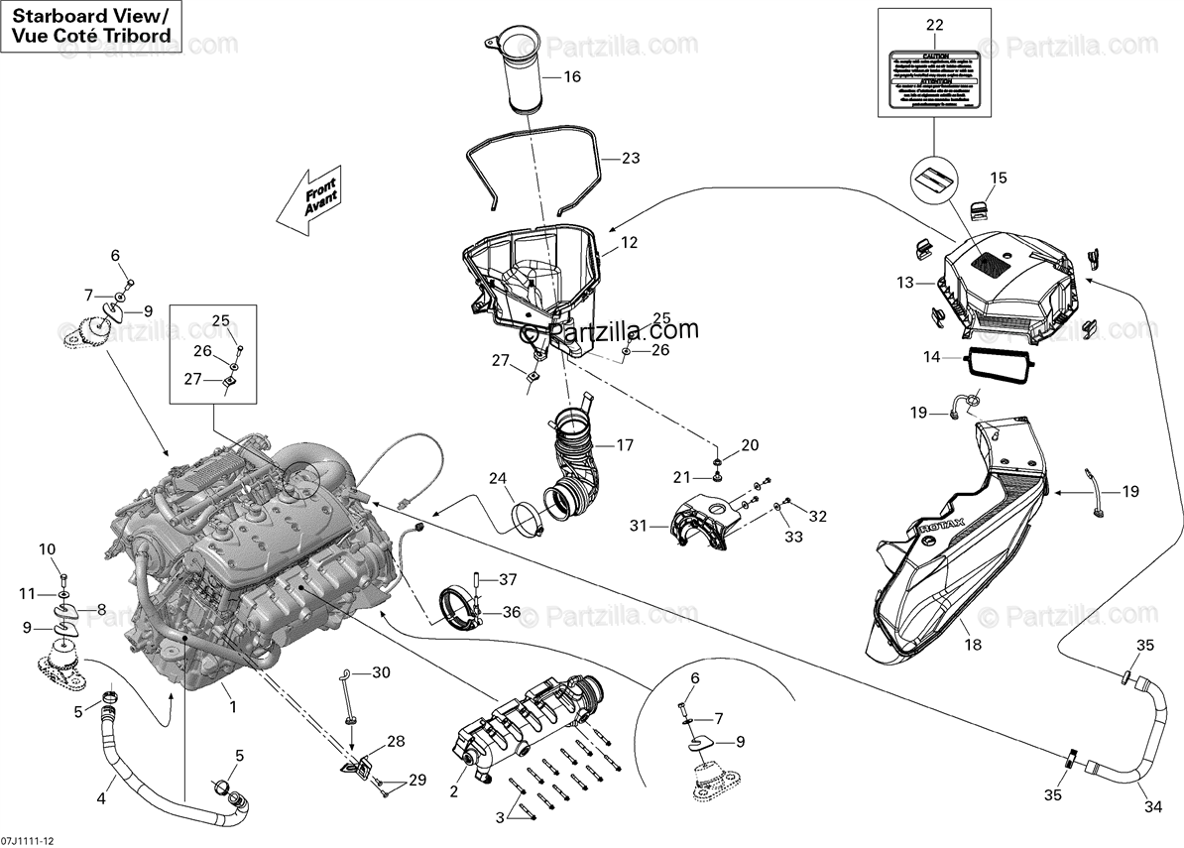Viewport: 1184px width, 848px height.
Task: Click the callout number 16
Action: [x=572, y=77]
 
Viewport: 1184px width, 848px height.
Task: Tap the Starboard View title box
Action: [x=90, y=26]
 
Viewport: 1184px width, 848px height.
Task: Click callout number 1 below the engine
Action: [x=232, y=707]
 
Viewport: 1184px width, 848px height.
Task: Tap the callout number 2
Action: [x=453, y=790]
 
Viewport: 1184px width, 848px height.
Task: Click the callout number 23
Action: [x=631, y=158]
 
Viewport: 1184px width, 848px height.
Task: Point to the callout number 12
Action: [x=630, y=242]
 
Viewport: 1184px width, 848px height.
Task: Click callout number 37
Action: [x=508, y=579]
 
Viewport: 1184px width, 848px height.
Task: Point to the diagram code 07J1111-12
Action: [x=28, y=839]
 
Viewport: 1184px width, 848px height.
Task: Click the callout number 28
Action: [x=396, y=742]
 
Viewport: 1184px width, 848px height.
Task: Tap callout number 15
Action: [x=999, y=179]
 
